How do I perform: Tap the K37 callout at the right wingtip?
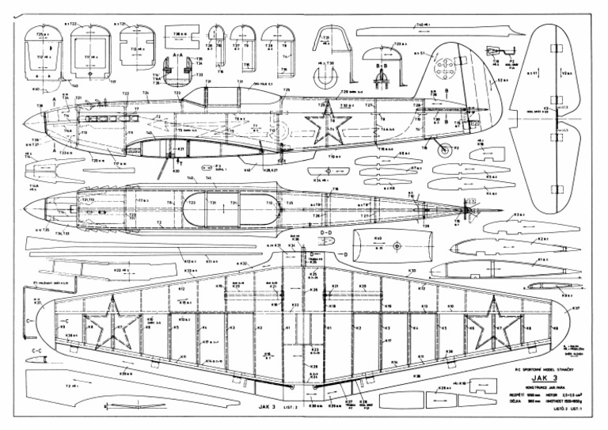click(x=577, y=309)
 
